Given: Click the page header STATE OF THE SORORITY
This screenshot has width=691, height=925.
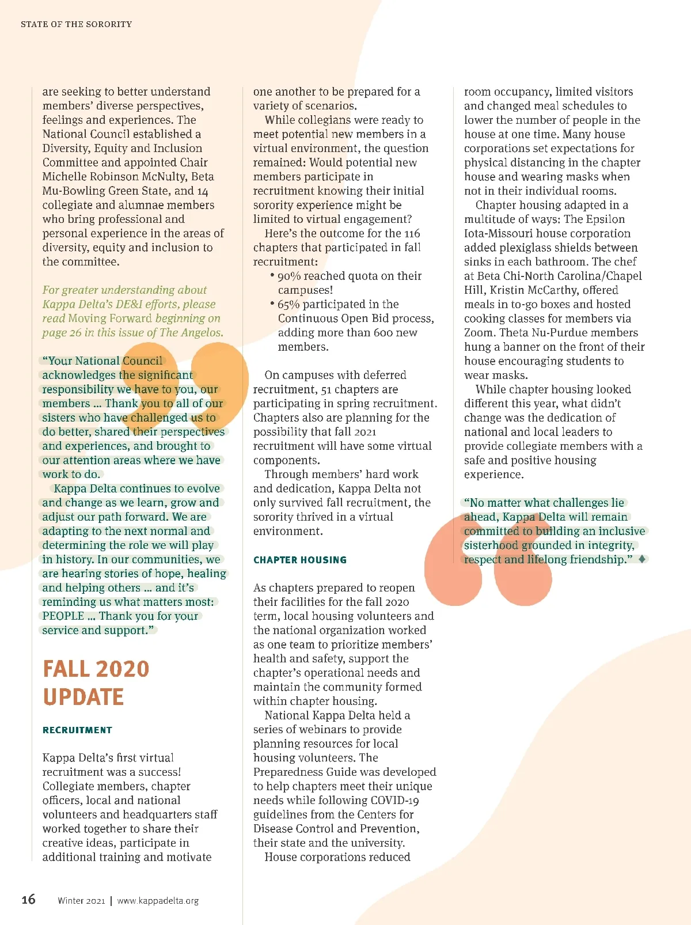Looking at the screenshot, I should pos(76,24).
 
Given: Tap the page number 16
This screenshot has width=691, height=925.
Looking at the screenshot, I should pos(28,899).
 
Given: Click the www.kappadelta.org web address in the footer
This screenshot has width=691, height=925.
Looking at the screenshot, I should pos(158,901).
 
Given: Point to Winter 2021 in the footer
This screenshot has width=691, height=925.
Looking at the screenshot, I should pos(81,901).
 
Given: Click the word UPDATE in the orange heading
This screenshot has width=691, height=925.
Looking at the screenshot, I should pos(83,697).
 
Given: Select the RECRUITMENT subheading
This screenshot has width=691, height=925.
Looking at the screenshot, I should pos(77,730).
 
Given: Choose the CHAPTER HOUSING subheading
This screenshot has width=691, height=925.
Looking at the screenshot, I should pos(300,560).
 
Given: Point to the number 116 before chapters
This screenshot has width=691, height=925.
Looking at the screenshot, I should pos(412,233).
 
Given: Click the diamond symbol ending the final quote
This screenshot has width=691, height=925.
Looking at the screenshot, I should pos(642,559).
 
